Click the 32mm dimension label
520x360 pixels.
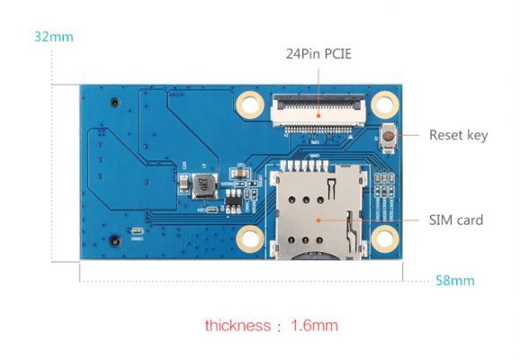[x=54, y=37]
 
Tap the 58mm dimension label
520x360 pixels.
[x=455, y=281]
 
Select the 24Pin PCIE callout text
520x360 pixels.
[x=318, y=54]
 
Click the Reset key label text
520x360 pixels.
[x=458, y=135]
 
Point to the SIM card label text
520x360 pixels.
[x=456, y=220]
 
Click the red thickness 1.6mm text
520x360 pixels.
[x=272, y=326]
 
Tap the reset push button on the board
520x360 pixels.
[x=388, y=137]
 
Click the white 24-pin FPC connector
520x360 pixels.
[x=318, y=112]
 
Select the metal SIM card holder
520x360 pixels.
[x=318, y=212]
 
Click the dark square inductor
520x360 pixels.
[x=204, y=185]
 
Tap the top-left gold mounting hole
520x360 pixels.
[x=250, y=104]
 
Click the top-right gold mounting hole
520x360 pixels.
[x=385, y=104]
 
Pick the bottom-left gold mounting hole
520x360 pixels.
[x=250, y=239]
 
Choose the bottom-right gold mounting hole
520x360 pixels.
[x=385, y=238]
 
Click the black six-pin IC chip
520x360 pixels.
[x=234, y=202]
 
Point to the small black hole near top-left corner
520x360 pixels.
[x=115, y=103]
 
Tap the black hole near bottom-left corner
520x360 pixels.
[x=115, y=241]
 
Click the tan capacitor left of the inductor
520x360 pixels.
[x=184, y=184]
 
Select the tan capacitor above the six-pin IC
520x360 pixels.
[x=240, y=173]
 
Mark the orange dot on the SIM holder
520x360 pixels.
[x=318, y=220]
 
